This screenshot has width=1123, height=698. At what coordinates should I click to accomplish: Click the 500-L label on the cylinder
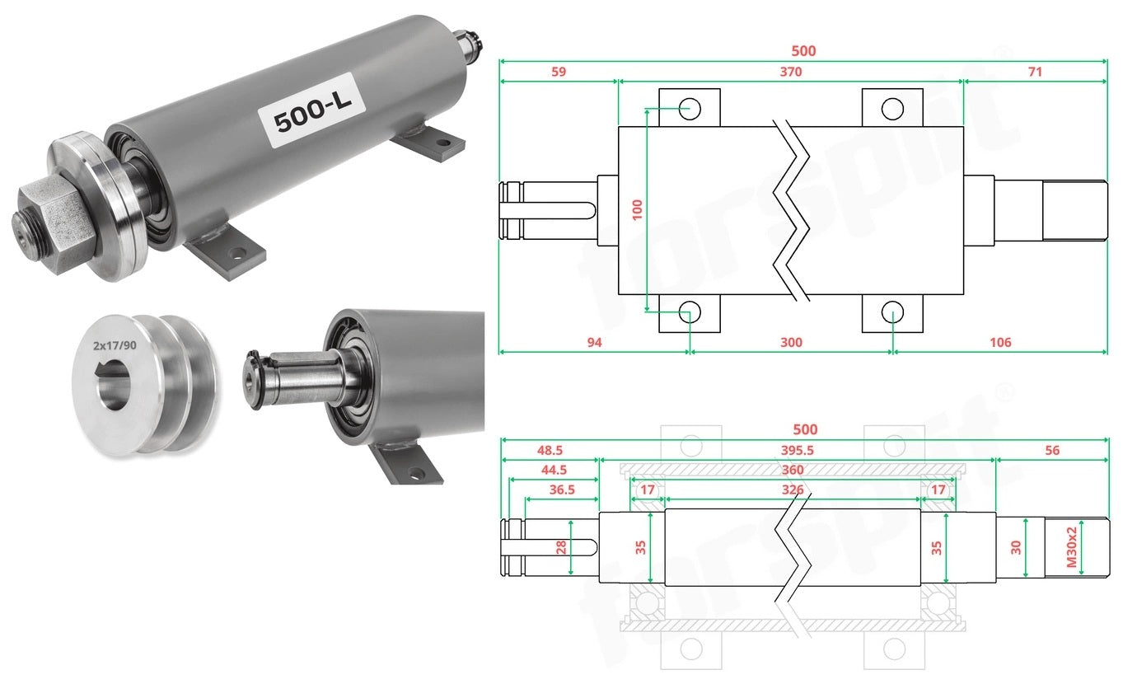[311, 111]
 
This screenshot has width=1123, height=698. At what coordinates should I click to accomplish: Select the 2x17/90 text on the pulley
[115, 345]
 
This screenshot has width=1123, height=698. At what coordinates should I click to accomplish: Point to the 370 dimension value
[791, 72]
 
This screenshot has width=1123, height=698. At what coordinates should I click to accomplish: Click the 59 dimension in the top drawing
[559, 72]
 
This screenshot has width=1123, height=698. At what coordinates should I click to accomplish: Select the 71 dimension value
[1036, 72]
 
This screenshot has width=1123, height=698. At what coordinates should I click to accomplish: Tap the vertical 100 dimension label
[637, 209]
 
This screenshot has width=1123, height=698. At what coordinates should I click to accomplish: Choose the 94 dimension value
[595, 343]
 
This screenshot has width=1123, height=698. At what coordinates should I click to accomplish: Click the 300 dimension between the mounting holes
[791, 343]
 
